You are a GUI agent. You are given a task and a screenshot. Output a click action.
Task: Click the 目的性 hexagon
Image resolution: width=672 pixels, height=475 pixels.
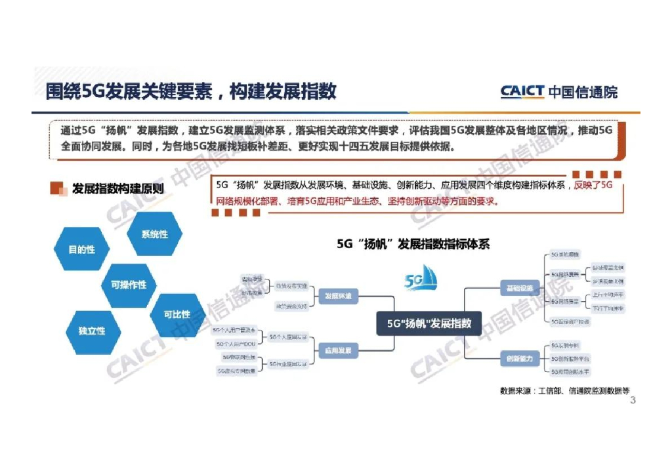coord(82,250)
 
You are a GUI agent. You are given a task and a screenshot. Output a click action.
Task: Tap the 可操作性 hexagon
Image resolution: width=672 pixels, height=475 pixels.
coord(129,285)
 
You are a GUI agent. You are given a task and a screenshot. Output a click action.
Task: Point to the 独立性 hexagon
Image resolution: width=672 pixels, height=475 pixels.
coord(92,331)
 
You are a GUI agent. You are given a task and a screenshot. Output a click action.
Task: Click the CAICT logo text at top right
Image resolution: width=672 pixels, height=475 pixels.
coord(522,92)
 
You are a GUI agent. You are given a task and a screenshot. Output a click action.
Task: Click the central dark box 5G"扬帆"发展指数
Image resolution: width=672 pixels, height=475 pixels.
coord(429,323)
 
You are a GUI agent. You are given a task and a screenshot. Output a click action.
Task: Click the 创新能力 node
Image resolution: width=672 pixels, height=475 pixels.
coord(522,359)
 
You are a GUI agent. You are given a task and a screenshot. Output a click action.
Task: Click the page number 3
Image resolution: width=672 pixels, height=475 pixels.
coord(633,401)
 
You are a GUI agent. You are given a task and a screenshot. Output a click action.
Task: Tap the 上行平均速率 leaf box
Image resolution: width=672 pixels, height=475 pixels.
coord(608,295)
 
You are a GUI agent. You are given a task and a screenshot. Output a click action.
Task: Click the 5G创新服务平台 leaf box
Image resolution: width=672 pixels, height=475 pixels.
coord(570,359)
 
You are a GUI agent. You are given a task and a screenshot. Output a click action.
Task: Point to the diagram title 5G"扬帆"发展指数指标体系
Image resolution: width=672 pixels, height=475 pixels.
coord(413,243)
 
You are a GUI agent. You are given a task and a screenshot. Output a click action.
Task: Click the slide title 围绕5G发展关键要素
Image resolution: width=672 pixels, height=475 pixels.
coord(190,91)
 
